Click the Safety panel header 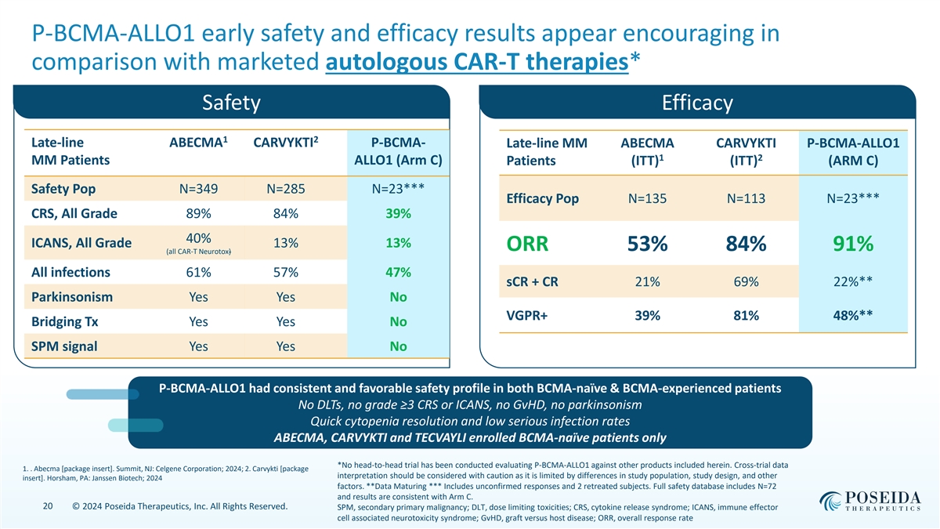(x=230, y=103)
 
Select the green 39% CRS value (x=399, y=214)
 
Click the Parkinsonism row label (x=71, y=298)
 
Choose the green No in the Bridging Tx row (x=399, y=322)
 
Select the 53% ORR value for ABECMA (x=646, y=245)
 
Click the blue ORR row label (x=527, y=245)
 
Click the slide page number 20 (x=49, y=507)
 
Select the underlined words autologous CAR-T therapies (x=476, y=61)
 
